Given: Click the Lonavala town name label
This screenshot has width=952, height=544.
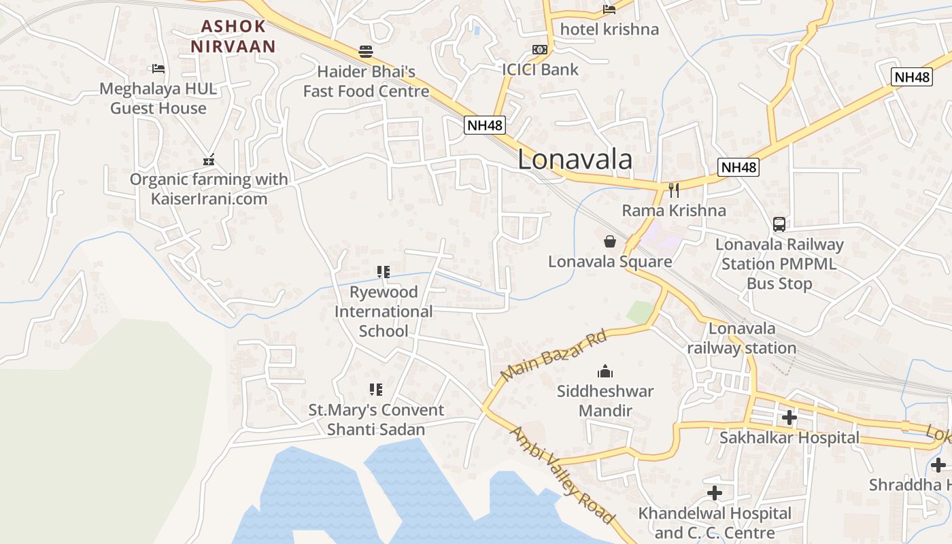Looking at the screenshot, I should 575,160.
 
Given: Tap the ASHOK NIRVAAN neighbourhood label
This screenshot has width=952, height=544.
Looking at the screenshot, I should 233,37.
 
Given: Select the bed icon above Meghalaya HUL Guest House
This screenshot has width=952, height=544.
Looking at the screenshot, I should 158,69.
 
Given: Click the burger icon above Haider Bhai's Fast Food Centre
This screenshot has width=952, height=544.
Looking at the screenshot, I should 366,52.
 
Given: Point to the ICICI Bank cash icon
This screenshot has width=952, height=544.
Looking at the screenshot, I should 540,50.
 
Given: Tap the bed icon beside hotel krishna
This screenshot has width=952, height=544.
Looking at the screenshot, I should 609,10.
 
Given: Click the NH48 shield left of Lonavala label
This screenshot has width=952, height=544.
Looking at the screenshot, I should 486,125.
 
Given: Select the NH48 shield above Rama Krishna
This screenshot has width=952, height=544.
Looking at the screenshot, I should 738,167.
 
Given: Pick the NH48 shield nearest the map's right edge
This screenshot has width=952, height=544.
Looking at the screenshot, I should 911,77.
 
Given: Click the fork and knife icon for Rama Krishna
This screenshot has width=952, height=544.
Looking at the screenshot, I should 674,190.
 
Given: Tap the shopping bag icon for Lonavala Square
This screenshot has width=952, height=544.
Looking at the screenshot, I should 610,241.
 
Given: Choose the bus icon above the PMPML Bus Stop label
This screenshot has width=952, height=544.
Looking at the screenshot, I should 779,224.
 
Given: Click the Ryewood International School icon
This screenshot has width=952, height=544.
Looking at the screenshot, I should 384,272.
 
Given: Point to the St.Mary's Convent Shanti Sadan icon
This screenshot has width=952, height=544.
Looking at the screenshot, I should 376,390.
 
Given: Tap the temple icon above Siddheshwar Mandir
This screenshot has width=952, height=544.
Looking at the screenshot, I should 605,371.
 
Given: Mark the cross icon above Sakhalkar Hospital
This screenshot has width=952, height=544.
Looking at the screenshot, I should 789,418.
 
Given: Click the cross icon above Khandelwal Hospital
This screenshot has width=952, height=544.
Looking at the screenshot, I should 715,493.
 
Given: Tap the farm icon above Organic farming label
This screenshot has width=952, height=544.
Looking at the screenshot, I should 209,160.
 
